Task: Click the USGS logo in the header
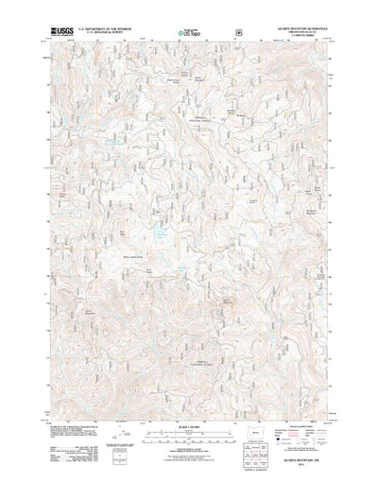(62, 31)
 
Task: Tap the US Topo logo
(187, 34)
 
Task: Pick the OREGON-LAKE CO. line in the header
(301, 33)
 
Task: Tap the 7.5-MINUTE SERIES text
(301, 37)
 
